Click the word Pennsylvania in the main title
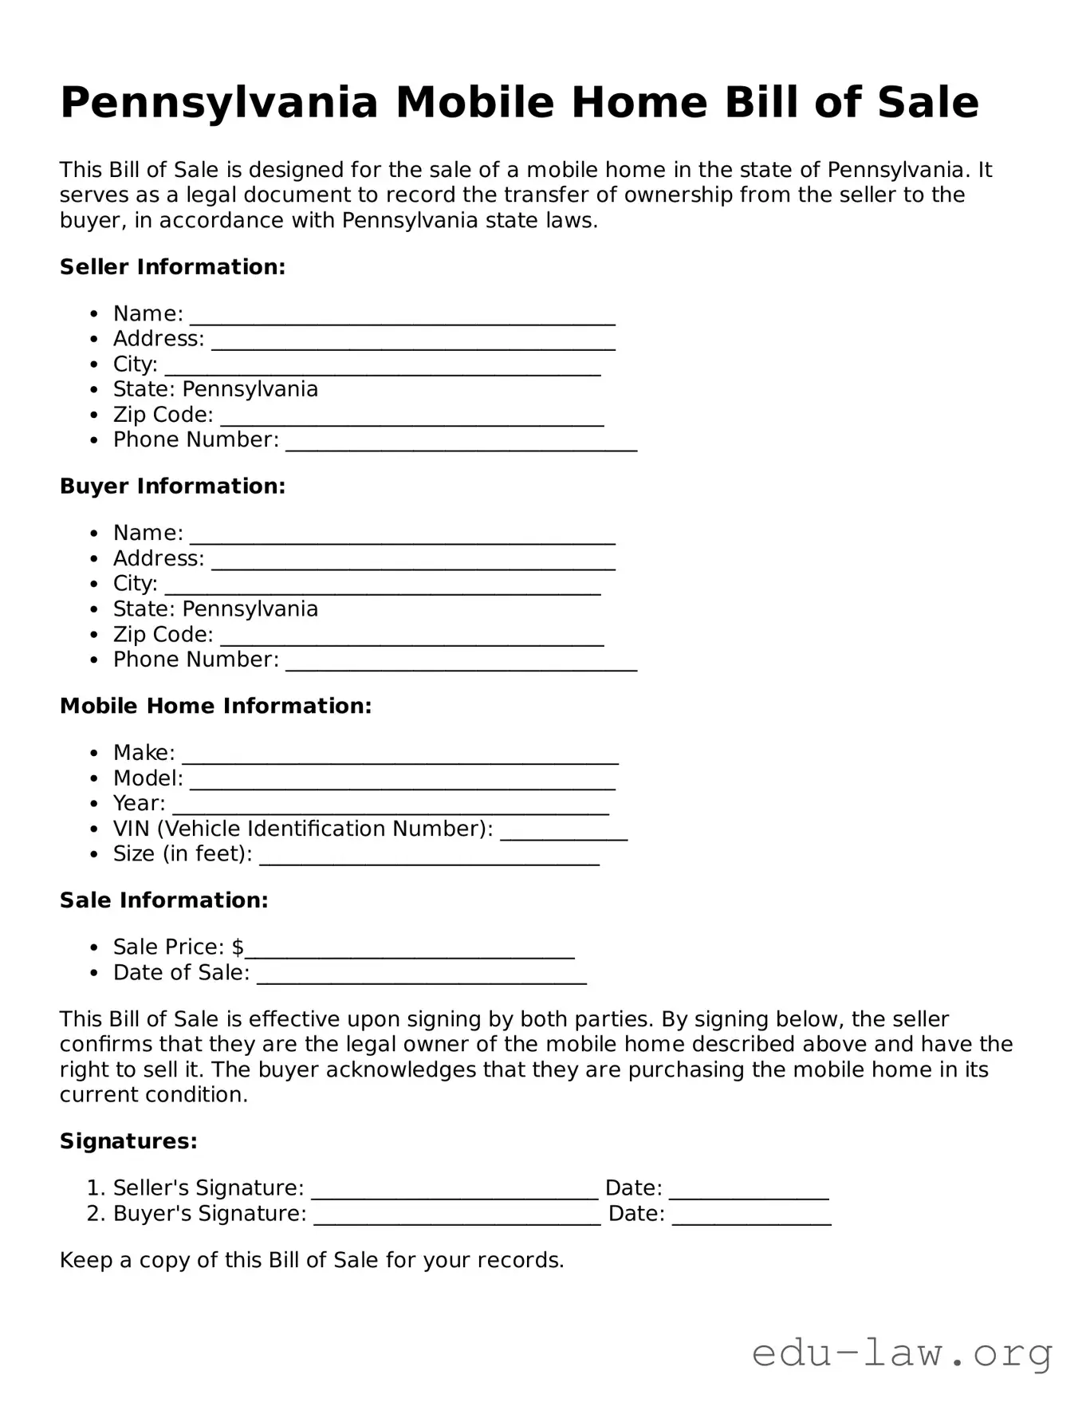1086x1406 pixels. pyautogui.click(x=218, y=104)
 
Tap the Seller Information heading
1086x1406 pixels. pyautogui.click(x=172, y=267)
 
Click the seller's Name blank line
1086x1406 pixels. pyautogui.click(x=402, y=319)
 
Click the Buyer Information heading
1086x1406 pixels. pyautogui.click(x=172, y=486)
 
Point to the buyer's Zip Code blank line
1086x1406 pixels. pyautogui.click(x=411, y=640)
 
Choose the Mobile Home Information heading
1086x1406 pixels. pyautogui.click(x=215, y=707)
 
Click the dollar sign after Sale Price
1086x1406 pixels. pyautogui.click(x=238, y=947)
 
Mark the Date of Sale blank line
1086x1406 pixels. pyautogui.click(x=421, y=979)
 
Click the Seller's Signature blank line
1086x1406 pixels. pyautogui.click(x=454, y=1194)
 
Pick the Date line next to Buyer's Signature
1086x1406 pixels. pyautogui.click(x=751, y=1219)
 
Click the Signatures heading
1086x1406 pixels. pyautogui.click(x=128, y=1142)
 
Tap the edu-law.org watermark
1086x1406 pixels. pyautogui.click(x=902, y=1353)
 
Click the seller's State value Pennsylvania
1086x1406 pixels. pyautogui.click(x=250, y=390)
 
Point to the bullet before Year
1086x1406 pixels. pyautogui.click(x=95, y=805)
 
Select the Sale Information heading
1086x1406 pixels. pyautogui.click(x=163, y=901)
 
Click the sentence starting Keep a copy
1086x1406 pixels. pyautogui.click(x=312, y=1261)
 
